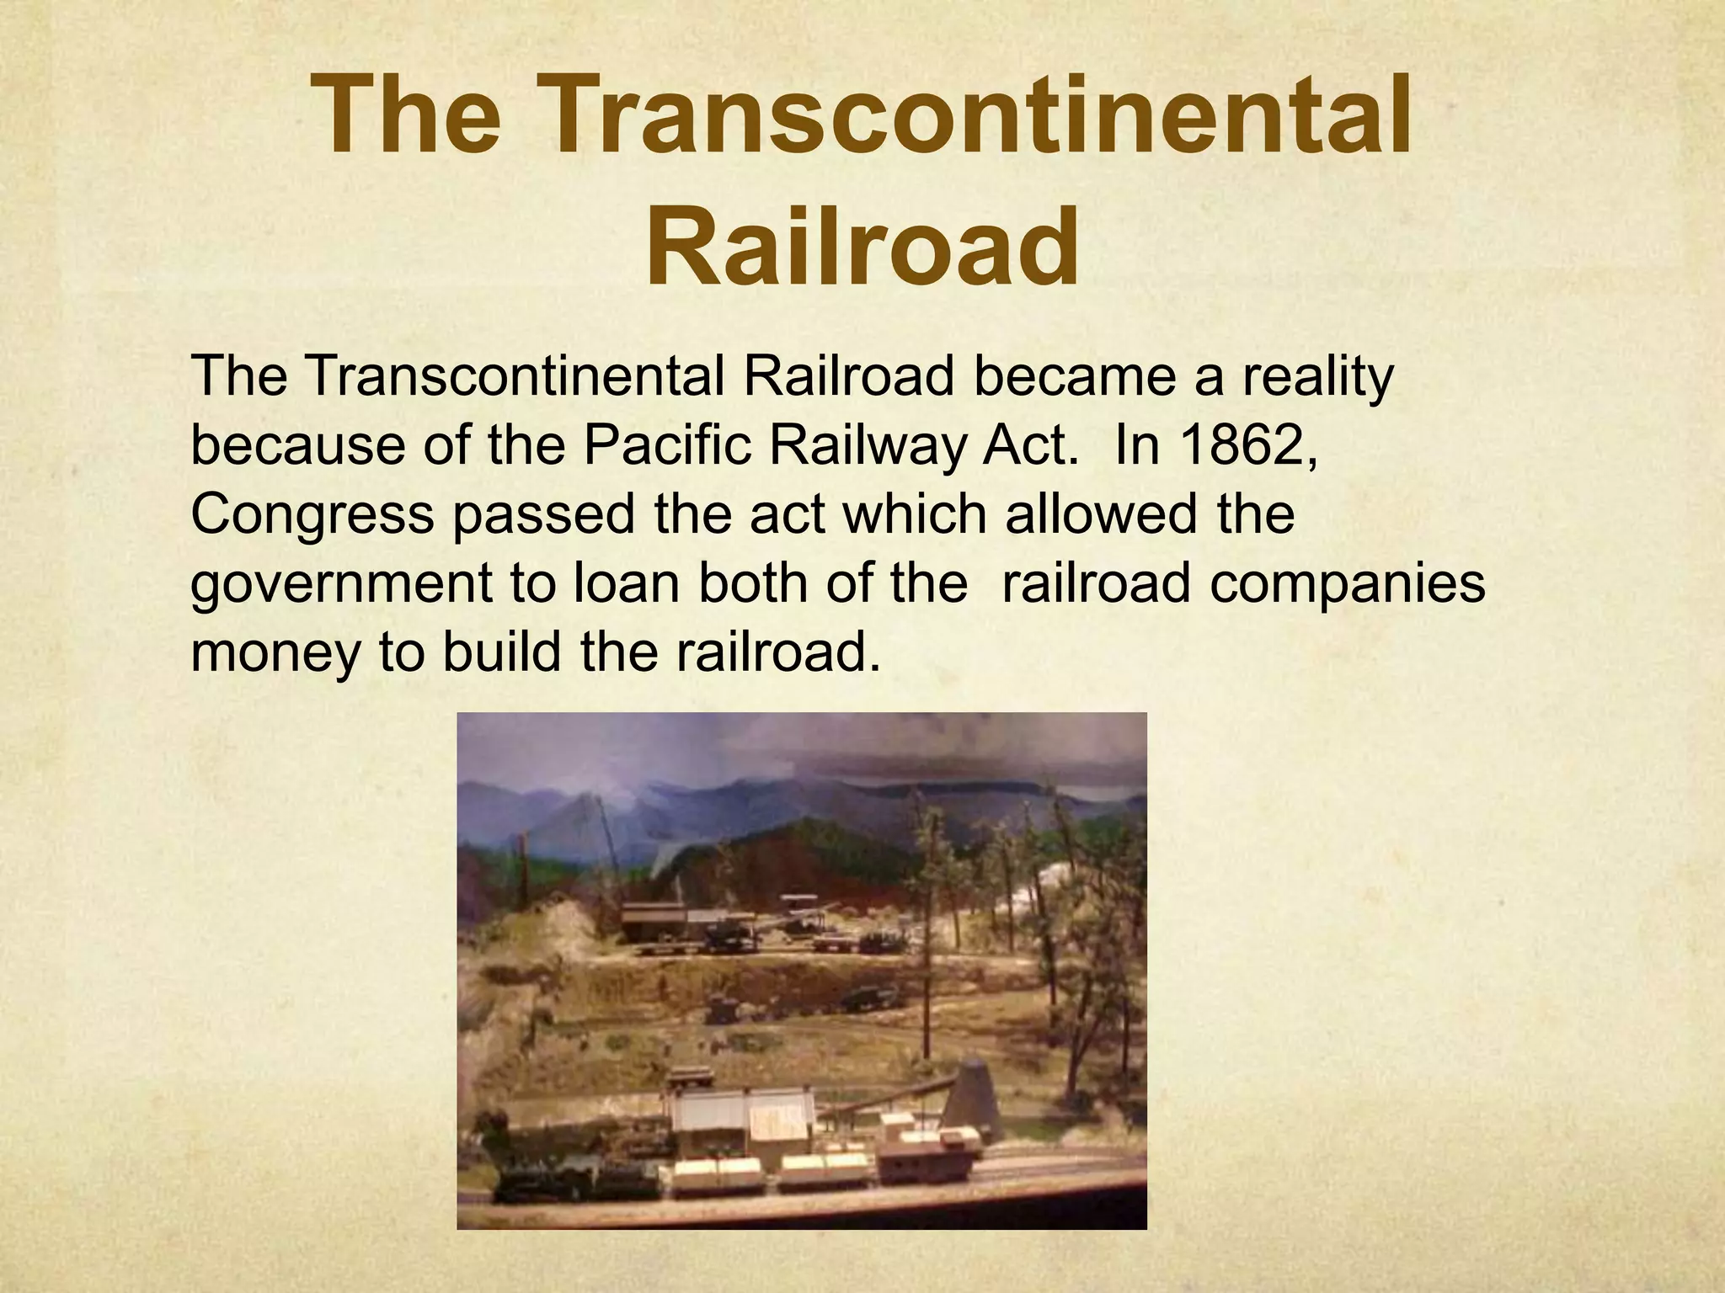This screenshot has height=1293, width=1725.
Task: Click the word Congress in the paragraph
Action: [312, 515]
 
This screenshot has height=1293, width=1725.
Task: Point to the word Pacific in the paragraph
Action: [666, 446]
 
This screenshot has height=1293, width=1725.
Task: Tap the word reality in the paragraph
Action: [1318, 377]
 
